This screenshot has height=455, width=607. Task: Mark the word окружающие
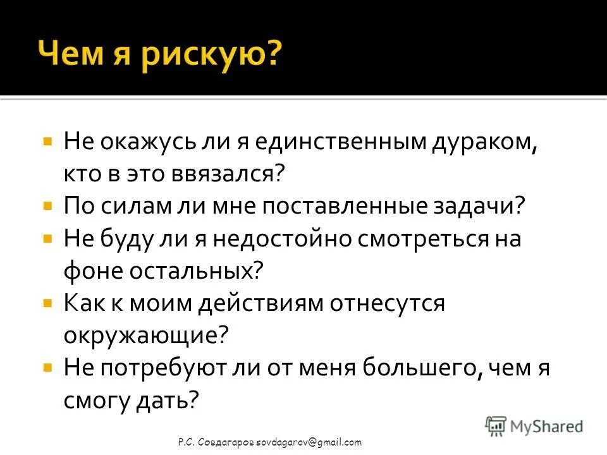pos(145,336)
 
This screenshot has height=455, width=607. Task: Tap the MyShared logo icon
pos(496,426)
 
